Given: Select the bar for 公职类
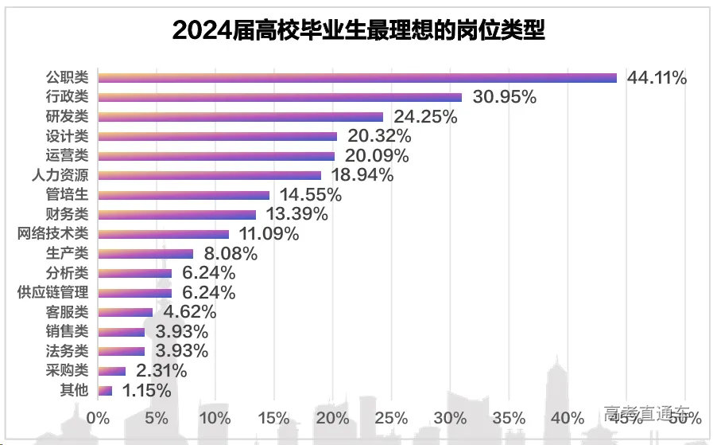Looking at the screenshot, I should click(357, 78).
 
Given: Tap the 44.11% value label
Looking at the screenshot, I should click(657, 78).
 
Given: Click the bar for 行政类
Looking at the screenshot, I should click(279, 97).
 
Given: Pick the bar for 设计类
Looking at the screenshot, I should click(217, 136).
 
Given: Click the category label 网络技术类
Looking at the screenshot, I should click(52, 234).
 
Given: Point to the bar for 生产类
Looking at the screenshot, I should click(145, 253).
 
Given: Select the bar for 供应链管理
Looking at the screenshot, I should click(134, 292).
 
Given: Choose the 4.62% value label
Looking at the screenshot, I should click(187, 312).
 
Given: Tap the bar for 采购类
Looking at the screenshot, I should click(111, 370).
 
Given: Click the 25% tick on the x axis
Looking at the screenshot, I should click(393, 417).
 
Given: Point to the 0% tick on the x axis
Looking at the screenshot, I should click(97, 417).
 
